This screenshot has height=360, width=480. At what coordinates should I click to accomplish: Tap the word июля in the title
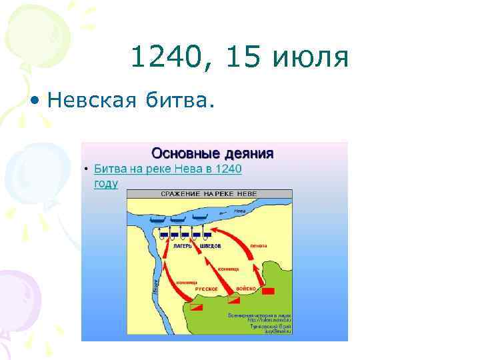[x=311, y=58]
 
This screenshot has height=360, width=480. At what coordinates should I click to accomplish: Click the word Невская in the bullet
[x=89, y=101]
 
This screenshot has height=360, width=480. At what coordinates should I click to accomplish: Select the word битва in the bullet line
[x=177, y=101]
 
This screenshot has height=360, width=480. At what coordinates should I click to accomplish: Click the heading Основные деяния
[x=213, y=153]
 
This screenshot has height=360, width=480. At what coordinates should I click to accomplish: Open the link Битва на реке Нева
[x=167, y=169]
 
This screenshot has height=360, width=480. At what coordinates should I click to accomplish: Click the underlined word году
[x=106, y=183]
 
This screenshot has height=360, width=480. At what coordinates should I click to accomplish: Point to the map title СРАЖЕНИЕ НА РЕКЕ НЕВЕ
[x=209, y=193]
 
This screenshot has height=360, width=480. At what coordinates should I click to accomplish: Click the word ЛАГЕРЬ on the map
[x=182, y=246]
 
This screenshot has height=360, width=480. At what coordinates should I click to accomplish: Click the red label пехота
[x=259, y=246]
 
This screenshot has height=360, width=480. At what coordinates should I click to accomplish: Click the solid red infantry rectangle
[x=268, y=291]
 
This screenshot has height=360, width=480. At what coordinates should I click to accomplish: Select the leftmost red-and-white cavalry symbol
[x=196, y=307]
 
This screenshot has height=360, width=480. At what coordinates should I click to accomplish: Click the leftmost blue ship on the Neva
[x=157, y=219]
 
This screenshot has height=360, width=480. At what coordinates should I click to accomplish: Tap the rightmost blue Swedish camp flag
[x=207, y=235]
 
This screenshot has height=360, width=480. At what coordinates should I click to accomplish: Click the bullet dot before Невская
[x=34, y=101]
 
